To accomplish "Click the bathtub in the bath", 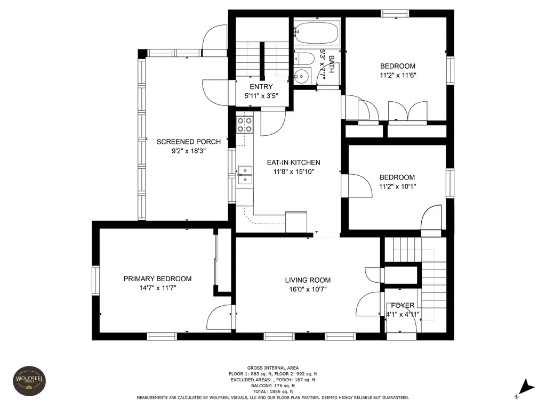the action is click(x=316, y=32).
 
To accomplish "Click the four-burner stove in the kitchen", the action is click(x=245, y=125).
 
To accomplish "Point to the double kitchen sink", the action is click(x=245, y=175).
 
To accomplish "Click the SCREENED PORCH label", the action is click(x=188, y=142).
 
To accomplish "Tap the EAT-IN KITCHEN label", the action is click(x=294, y=162).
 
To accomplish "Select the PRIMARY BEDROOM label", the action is click(x=157, y=279).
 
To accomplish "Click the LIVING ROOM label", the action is click(x=308, y=280).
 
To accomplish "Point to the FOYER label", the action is click(x=403, y=305).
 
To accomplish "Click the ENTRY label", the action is click(x=261, y=87).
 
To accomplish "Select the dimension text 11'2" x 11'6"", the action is click(x=398, y=75).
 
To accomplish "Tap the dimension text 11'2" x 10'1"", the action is click(x=397, y=186).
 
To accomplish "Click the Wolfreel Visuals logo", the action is click(x=29, y=381).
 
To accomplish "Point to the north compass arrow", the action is click(x=527, y=388).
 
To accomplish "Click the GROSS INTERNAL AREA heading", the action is click(x=273, y=367).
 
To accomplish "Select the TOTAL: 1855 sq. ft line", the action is click(x=273, y=391).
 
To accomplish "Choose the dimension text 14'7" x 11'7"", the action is click(x=158, y=288).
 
